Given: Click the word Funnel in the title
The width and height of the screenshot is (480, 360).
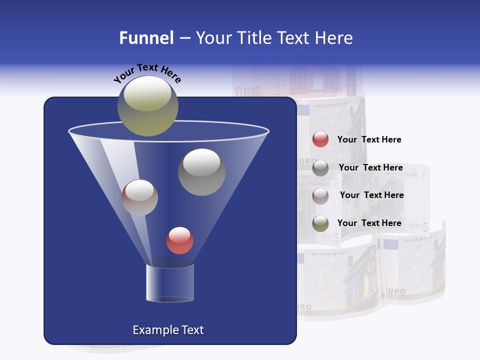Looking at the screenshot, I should click(x=146, y=38).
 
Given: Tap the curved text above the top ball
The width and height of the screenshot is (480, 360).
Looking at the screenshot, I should click(x=147, y=73).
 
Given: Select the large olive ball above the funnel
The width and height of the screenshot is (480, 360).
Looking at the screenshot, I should click(x=147, y=105).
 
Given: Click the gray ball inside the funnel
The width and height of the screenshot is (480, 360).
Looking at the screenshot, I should click(x=201, y=172).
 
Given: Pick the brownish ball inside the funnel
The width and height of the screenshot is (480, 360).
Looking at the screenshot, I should click(x=139, y=197).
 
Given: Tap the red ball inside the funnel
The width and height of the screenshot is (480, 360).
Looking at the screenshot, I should click(x=179, y=240).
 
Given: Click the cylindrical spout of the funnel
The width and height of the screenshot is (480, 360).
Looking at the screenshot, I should click(x=169, y=283).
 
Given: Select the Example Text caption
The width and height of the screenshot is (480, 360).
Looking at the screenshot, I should click(x=168, y=330).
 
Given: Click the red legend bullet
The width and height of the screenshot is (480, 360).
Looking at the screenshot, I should click(x=320, y=139).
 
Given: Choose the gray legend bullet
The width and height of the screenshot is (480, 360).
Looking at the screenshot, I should click(x=320, y=168).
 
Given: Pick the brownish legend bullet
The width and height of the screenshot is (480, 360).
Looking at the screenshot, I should click(x=320, y=196).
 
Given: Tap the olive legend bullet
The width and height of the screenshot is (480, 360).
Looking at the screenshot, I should click(x=320, y=223).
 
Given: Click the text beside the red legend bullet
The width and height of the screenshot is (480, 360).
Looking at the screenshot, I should click(x=369, y=140).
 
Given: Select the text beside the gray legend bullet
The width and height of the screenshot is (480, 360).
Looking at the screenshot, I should click(x=370, y=167).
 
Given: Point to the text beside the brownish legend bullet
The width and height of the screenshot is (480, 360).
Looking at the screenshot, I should click(x=371, y=195).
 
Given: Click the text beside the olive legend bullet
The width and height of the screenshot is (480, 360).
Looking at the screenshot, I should click(x=369, y=223).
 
